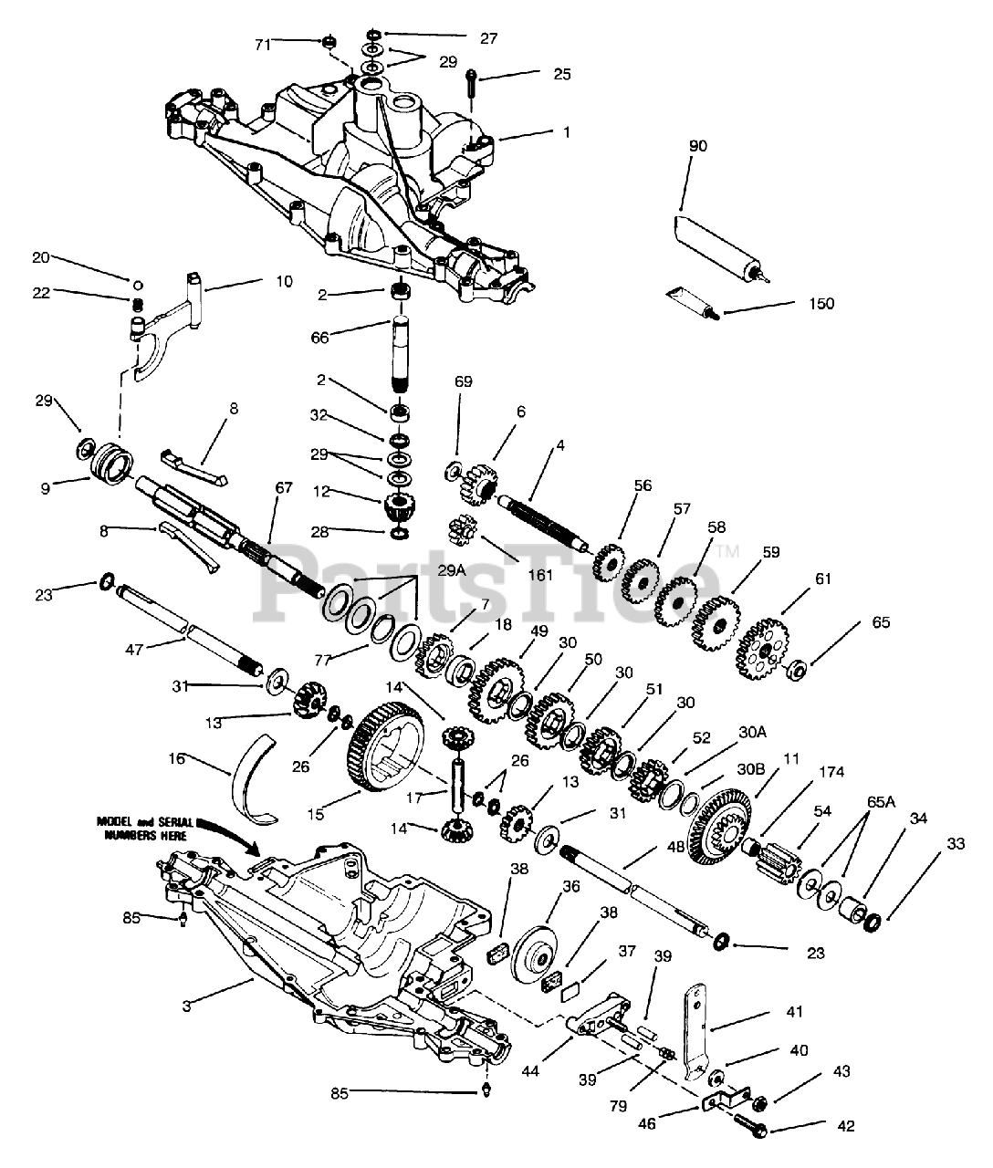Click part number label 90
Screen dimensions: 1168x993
(698, 146)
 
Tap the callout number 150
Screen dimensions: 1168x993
(821, 304)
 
